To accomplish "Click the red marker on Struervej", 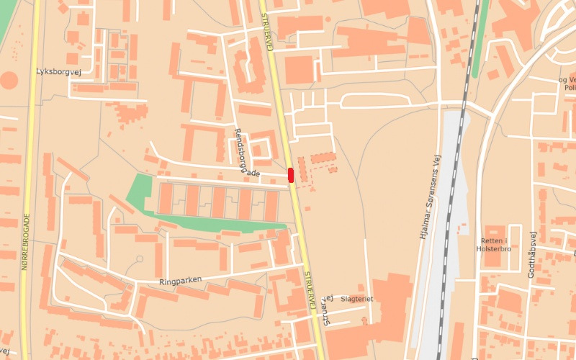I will pos(291,174).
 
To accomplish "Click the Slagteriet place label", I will pos(357,298).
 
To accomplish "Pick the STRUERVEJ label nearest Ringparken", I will pos(310,291).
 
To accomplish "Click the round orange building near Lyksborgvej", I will pos(9,80).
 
